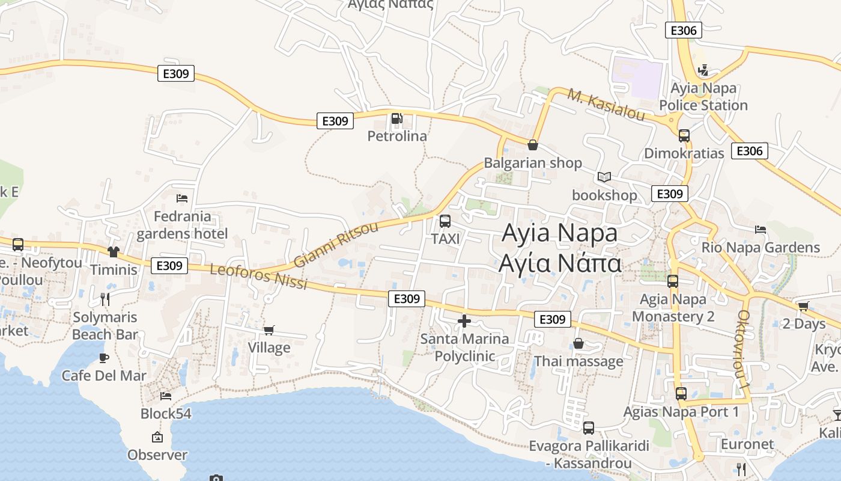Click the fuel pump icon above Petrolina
coord(396,118)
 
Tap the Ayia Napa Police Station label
coord(703,97)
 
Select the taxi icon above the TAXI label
coord(445,221)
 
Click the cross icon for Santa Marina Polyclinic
coord(464,321)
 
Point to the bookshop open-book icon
coord(604,177)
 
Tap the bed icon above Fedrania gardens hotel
coord(182,198)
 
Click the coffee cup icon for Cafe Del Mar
coord(104,358)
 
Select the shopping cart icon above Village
coord(269,330)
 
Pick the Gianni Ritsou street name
coord(336,244)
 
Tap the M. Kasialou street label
coord(606,105)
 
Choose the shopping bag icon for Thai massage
coord(578,343)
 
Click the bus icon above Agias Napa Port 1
coord(681,394)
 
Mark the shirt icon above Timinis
coord(114,251)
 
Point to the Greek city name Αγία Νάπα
coord(560,263)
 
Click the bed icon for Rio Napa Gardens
coord(761,229)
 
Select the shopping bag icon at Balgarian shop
coord(532,145)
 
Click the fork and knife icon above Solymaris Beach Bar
coord(105,299)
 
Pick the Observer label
coord(157,455)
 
